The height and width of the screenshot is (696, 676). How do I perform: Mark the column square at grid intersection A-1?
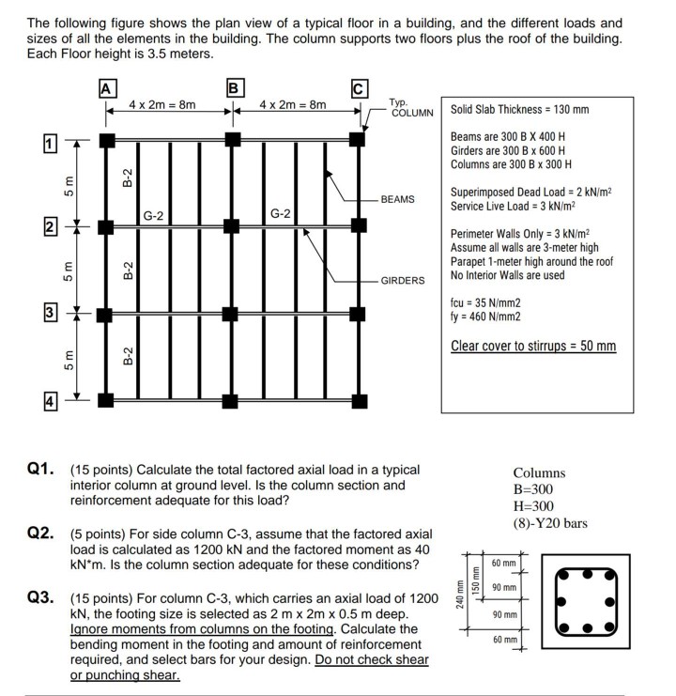click(107, 139)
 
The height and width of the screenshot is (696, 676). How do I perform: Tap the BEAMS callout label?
click(397, 200)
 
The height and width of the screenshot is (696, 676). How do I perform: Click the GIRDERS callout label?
click(403, 280)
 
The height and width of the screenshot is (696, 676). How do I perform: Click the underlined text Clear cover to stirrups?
click(533, 346)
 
